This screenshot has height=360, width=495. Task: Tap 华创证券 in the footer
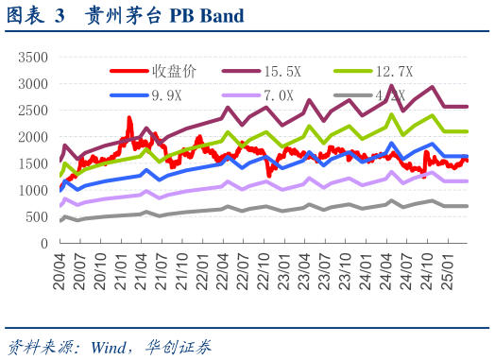tap(180, 345)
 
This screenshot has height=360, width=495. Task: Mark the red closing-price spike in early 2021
tap(129, 120)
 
